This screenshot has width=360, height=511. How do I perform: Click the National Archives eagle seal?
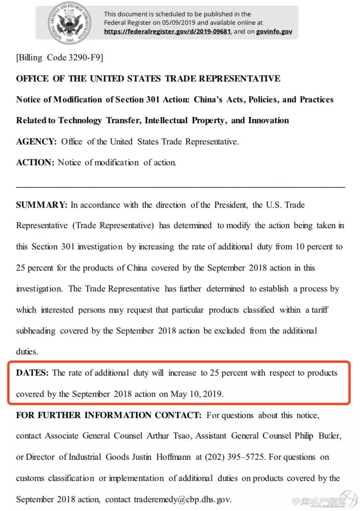70,23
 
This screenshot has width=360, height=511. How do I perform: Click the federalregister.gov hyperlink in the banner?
167,32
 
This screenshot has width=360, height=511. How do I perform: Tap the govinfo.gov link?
274,32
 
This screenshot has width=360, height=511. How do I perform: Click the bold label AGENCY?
36,142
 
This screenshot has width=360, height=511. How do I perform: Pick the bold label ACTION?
35,162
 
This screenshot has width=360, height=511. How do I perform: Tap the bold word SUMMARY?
42,205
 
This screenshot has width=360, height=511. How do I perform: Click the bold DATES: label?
32,373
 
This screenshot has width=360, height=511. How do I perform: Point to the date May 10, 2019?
197,394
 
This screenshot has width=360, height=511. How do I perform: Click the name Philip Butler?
318,436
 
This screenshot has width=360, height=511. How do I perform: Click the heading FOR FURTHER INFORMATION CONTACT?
109,415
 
